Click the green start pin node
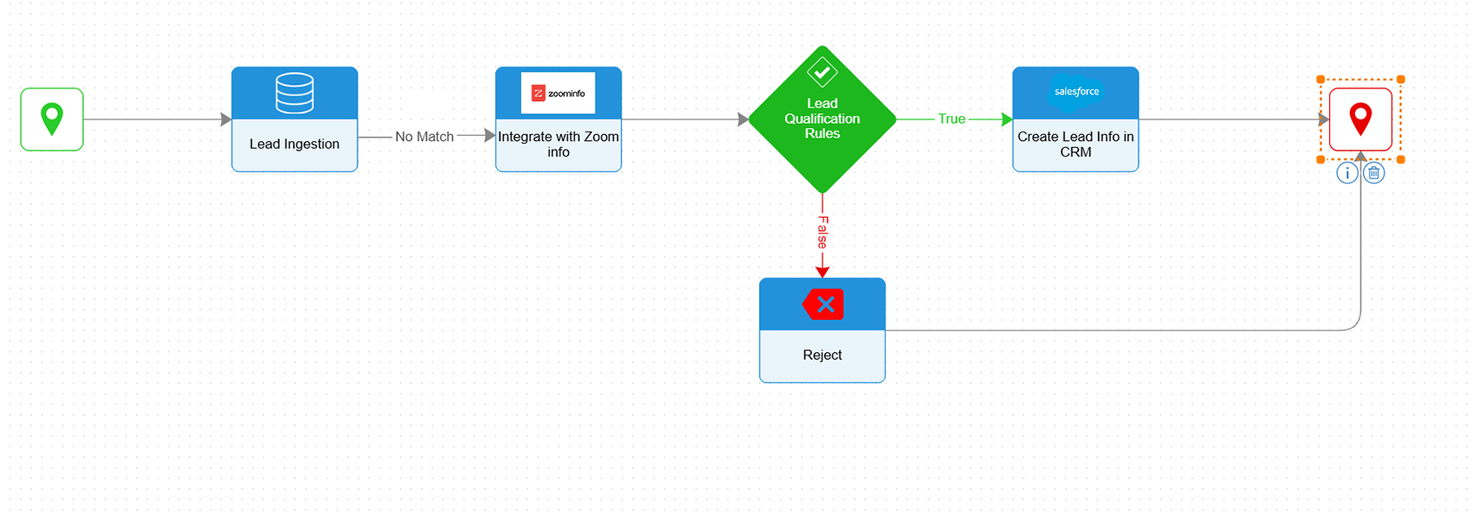click(52, 119)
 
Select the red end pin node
click(1360, 119)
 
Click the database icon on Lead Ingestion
click(294, 93)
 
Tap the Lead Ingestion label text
click(294, 144)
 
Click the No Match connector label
click(424, 137)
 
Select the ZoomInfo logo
click(558, 93)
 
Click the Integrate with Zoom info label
click(558, 144)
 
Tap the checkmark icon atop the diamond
click(822, 71)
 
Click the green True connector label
click(952, 119)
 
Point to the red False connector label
click(823, 232)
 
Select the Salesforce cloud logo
click(1076, 92)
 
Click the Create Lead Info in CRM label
click(1075, 144)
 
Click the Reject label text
click(822, 356)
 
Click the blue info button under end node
click(1347, 173)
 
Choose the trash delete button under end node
click(1374, 173)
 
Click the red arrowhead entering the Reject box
click(823, 273)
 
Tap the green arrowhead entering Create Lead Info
click(1007, 119)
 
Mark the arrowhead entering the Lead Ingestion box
click(226, 119)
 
